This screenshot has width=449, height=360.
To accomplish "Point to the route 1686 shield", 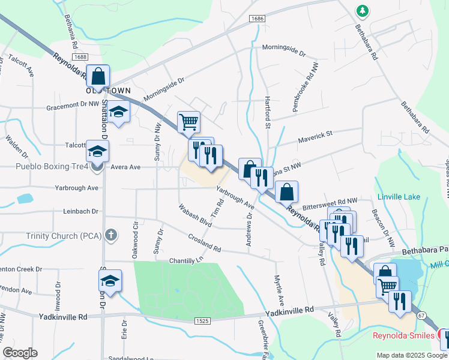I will tap(258, 19).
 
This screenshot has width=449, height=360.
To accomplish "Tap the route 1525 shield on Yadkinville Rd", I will tap(202, 322).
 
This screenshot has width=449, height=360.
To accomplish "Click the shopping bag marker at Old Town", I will tap(98, 77).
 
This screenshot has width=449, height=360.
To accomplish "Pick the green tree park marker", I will tap(362, 11).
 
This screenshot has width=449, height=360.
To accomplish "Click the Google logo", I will tap(20, 353).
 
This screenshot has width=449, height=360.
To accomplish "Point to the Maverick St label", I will tap(315, 137).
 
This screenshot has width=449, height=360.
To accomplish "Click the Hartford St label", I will tap(268, 113).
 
